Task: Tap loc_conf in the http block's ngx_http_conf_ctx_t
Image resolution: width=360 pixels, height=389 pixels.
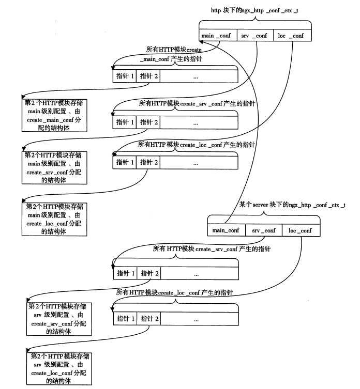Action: [292, 36]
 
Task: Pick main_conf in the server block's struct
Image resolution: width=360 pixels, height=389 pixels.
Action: [226, 230]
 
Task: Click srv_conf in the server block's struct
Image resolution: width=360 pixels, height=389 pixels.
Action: [264, 230]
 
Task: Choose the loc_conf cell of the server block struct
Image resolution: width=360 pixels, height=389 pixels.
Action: [301, 230]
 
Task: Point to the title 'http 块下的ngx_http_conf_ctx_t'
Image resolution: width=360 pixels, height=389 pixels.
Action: [254, 10]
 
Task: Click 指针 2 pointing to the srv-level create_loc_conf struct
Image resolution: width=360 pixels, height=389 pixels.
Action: [149, 319]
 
